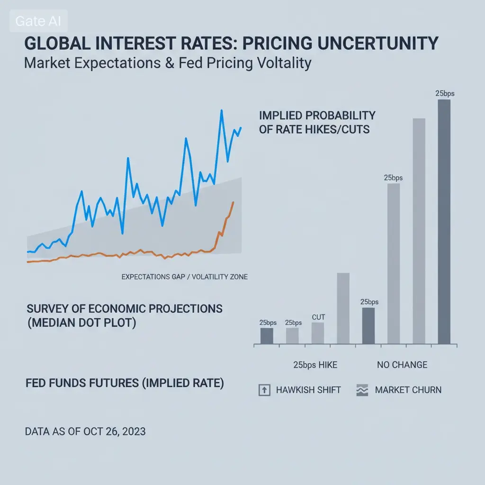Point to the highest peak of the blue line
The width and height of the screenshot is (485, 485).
pos(221,111)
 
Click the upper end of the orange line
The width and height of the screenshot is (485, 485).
pos(233,202)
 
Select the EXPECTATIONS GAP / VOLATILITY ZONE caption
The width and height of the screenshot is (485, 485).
pos(184,277)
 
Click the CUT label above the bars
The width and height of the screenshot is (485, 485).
pos(318,317)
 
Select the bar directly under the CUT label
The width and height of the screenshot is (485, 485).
pos(318,333)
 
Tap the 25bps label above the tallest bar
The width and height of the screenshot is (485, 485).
pos(445,93)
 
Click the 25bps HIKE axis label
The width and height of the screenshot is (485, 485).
pos(315,365)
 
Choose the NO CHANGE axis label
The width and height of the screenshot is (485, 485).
pos(402,365)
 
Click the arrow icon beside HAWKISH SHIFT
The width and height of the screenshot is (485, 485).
pos(264,390)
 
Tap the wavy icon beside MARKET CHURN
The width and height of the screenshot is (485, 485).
pos(361,390)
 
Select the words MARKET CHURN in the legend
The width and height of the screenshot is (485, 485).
pos(408,390)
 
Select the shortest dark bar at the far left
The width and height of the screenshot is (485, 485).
pos(267,336)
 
